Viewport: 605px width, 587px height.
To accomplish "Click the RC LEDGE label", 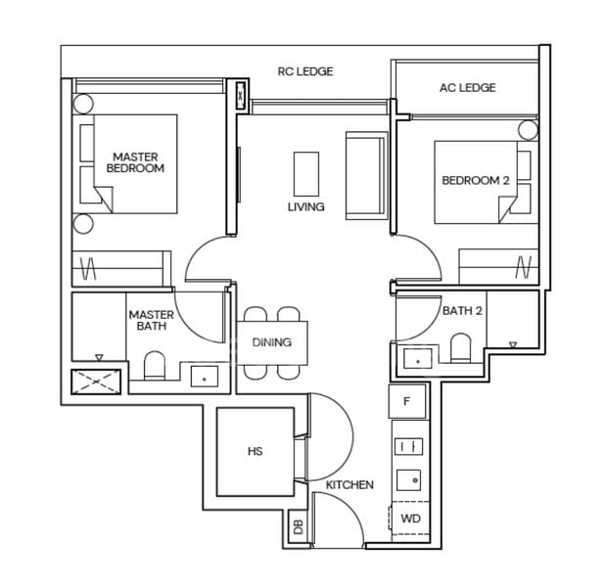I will [305, 71].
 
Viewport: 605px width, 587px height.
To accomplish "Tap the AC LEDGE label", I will [467, 88].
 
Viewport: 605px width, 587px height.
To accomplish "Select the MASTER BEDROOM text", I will [135, 162].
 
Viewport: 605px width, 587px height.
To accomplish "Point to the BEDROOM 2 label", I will [476, 180].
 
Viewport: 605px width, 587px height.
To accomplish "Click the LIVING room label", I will [305, 207].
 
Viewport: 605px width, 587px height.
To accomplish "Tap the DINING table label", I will [271, 342].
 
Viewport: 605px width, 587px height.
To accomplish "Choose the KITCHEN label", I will [349, 484].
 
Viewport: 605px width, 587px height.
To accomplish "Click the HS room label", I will [255, 452].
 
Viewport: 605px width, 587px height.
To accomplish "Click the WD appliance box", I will [409, 518].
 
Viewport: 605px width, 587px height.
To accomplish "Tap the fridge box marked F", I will [407, 400].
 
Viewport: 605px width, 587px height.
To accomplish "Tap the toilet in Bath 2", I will [460, 347].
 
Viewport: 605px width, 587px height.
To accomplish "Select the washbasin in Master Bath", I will [205, 374].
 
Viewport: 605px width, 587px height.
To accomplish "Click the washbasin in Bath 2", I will [419, 359].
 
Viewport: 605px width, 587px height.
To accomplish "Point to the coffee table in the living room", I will [306, 174].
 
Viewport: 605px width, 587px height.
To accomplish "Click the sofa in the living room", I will [365, 175].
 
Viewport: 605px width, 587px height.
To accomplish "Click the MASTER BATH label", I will [151, 320].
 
